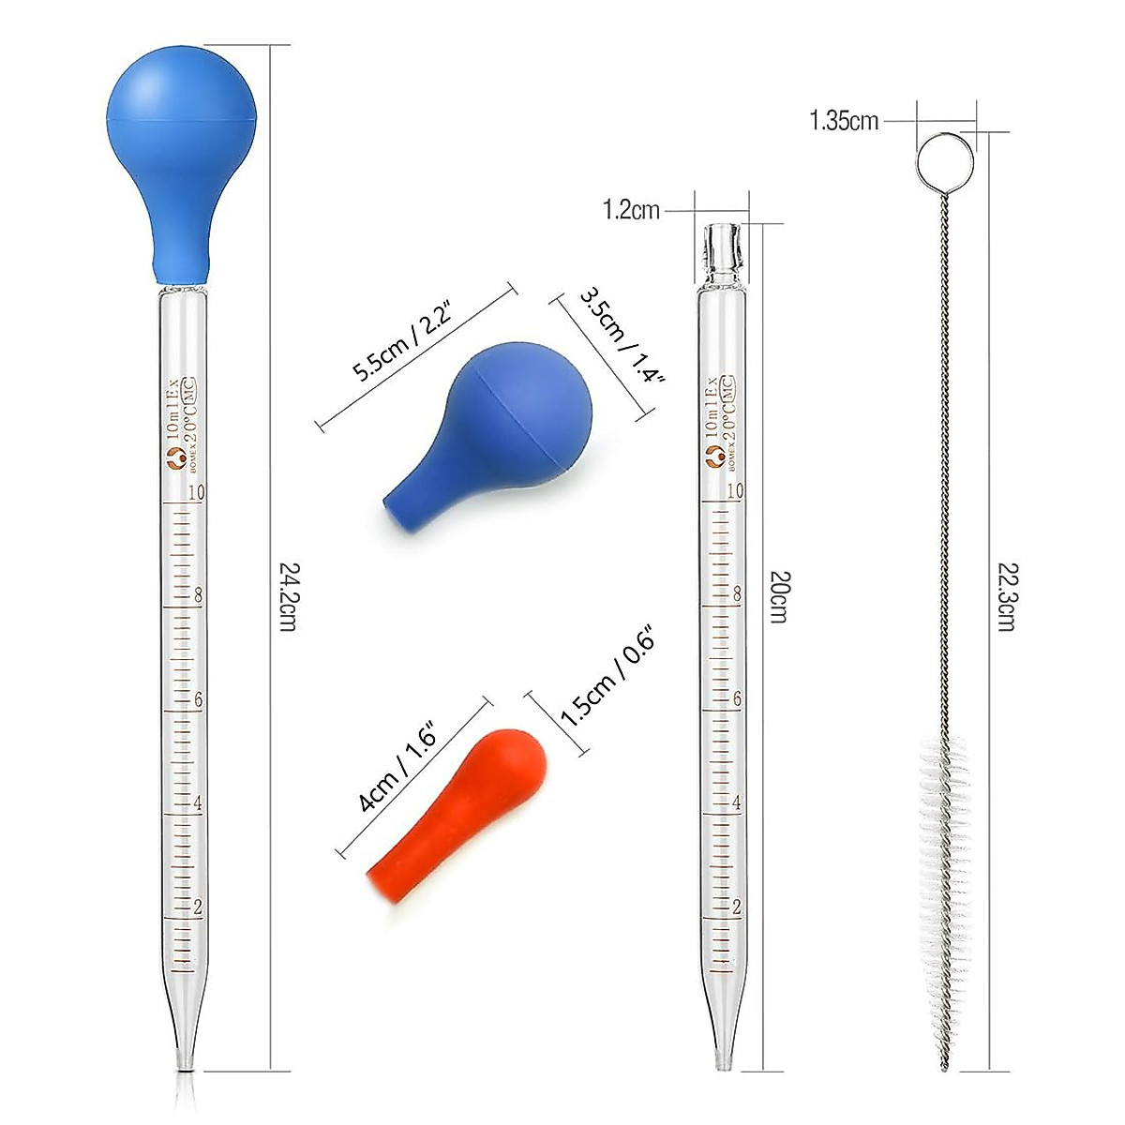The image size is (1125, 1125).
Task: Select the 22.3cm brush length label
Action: pyautogui.click(x=1005, y=596)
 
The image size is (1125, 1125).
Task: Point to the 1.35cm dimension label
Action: pyautogui.click(x=844, y=121)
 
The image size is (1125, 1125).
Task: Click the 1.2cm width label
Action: pyautogui.click(x=631, y=211)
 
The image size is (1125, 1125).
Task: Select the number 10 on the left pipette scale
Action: pyautogui.click(x=196, y=493)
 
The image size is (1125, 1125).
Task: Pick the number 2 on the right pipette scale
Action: pyautogui.click(x=737, y=907)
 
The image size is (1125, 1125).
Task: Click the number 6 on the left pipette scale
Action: pyautogui.click(x=197, y=700)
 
